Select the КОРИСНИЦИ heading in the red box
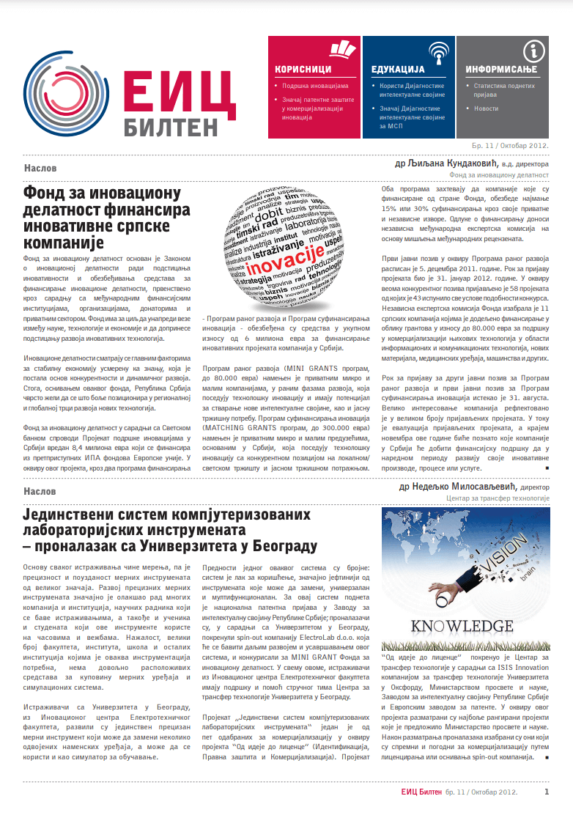click(x=303, y=70)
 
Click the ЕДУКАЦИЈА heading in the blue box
click(x=398, y=70)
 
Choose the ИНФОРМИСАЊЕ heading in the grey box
click(x=501, y=70)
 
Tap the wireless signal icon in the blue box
click(x=438, y=51)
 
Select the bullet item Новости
click(x=486, y=108)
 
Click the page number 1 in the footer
click(x=546, y=792)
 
